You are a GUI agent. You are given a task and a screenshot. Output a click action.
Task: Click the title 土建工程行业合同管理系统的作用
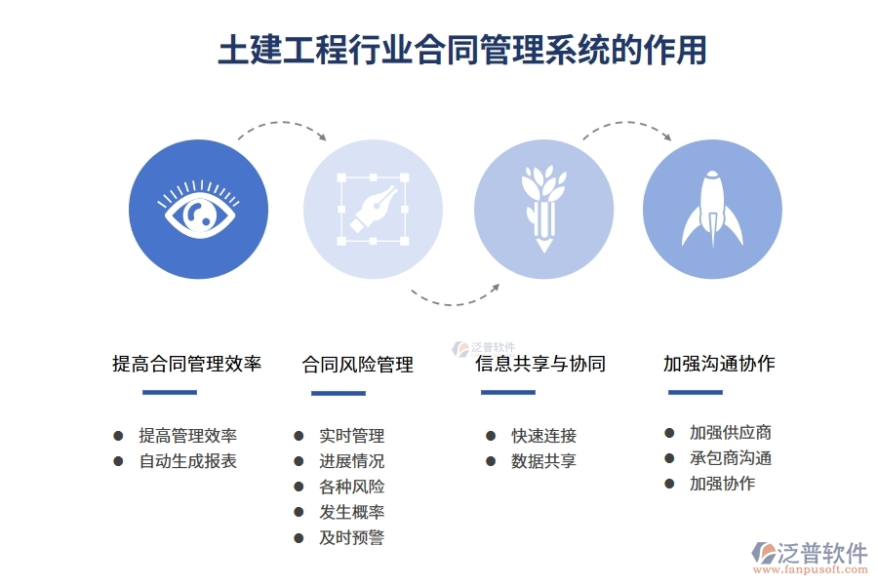[461, 51]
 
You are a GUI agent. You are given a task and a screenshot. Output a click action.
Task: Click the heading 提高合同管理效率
[186, 365]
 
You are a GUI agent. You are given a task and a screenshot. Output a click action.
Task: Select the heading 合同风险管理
[358, 365]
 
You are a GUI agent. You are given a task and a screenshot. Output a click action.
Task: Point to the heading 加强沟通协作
[719, 364]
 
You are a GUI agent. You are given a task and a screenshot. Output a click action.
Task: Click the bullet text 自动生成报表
[188, 461]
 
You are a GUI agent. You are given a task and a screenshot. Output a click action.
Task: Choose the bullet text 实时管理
[351, 436]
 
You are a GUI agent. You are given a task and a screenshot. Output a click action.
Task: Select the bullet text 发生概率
[351, 512]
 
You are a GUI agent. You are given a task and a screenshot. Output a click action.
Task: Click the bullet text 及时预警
[351, 537]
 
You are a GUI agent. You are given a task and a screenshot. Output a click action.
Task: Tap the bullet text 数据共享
[543, 461]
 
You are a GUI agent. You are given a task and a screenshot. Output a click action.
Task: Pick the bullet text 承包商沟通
[731, 457]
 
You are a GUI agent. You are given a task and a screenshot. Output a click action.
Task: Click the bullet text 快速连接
[543, 436]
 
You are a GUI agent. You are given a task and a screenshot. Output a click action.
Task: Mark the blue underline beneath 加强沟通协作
[696, 393]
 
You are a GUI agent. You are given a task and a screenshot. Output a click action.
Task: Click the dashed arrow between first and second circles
[282, 129]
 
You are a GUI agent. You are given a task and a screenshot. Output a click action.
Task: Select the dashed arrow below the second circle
[455, 296]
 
